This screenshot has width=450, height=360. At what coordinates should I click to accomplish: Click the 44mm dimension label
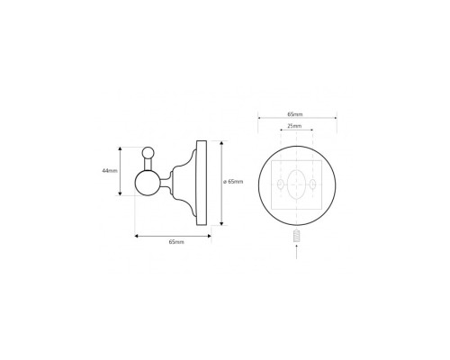(110, 171)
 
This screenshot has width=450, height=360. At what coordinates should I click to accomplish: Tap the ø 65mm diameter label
(233, 182)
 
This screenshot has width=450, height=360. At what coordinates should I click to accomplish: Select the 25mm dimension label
(294, 126)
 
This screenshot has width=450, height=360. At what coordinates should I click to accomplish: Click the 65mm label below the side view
(176, 242)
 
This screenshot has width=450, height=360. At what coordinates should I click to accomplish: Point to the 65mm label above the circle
(295, 114)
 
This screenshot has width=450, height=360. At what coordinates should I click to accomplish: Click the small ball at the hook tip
(148, 153)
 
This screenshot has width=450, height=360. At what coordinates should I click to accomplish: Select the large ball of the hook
(147, 183)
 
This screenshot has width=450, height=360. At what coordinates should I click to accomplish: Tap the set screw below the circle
(296, 236)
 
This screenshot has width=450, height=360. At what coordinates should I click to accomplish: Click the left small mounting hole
(280, 184)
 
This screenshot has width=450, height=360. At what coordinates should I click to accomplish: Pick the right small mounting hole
(313, 184)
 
